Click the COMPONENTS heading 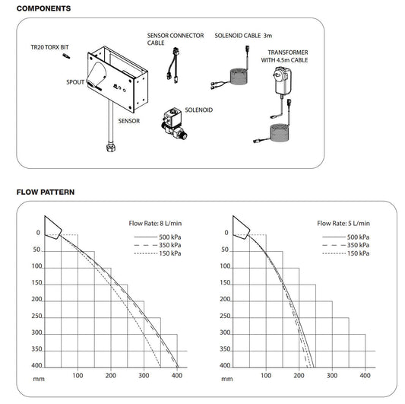(x=43, y=9)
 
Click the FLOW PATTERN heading (x=45, y=192)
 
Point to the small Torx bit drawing (x=68, y=57)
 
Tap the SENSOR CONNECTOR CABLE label (x=176, y=39)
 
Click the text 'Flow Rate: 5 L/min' (x=344, y=224)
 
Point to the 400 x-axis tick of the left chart (x=178, y=376)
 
